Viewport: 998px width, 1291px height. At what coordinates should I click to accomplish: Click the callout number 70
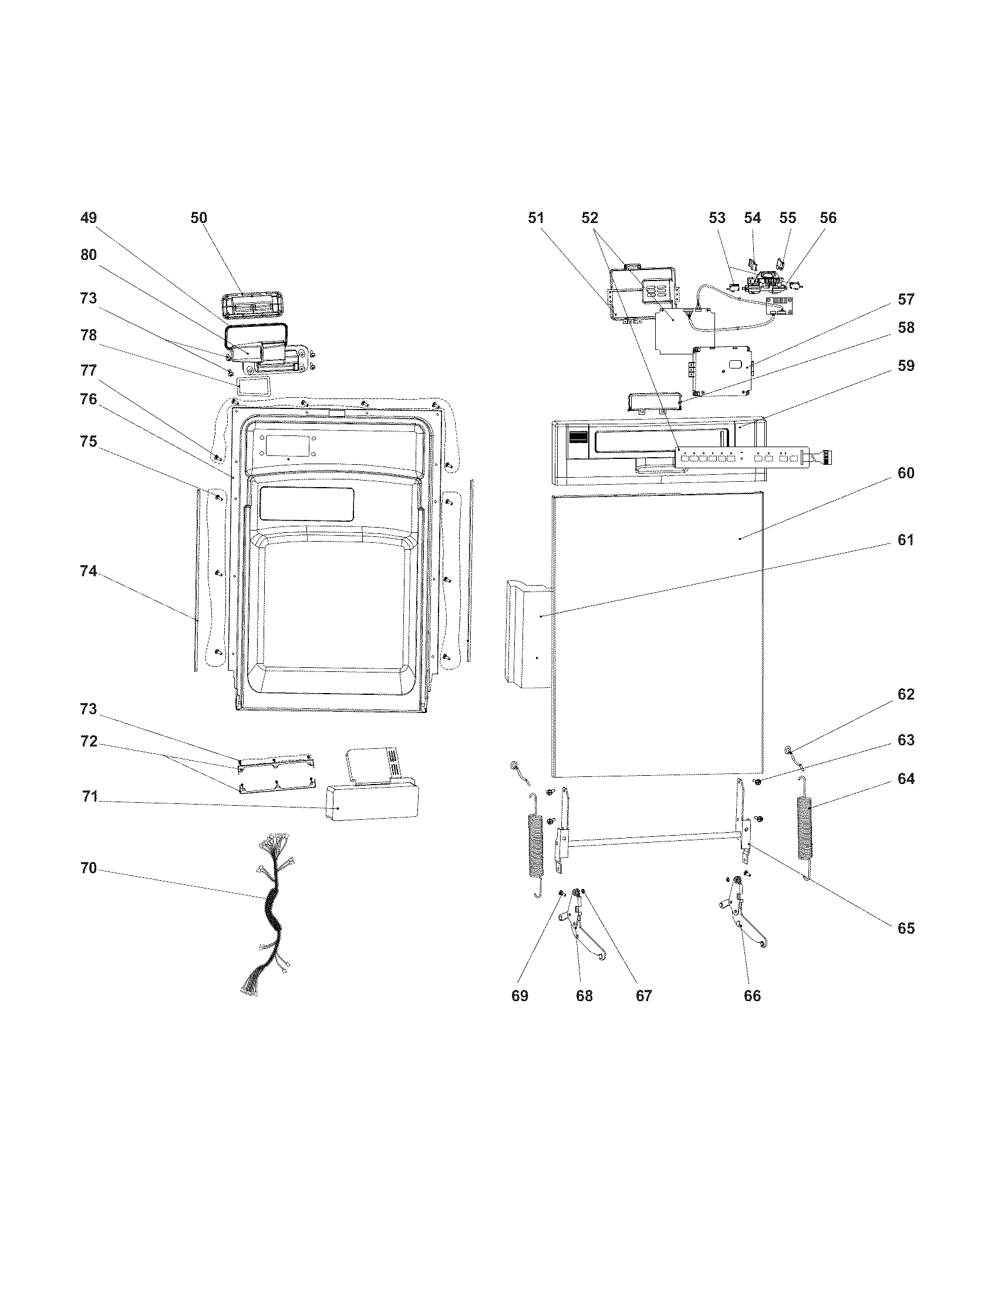point(88,868)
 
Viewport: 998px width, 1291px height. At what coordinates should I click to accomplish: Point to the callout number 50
point(198,218)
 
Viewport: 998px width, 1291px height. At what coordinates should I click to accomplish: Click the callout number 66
point(752,996)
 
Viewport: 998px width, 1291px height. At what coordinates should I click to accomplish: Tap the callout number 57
point(906,299)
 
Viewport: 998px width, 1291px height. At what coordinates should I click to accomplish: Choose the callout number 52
point(589,218)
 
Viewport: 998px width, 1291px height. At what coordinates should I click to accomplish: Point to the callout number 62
point(906,694)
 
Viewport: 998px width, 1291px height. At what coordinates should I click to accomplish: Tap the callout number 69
point(520,996)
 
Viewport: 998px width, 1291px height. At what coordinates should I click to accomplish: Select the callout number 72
point(88,741)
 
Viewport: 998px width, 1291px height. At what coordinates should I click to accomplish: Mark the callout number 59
point(906,366)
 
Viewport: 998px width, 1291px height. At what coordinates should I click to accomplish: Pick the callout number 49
point(88,218)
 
